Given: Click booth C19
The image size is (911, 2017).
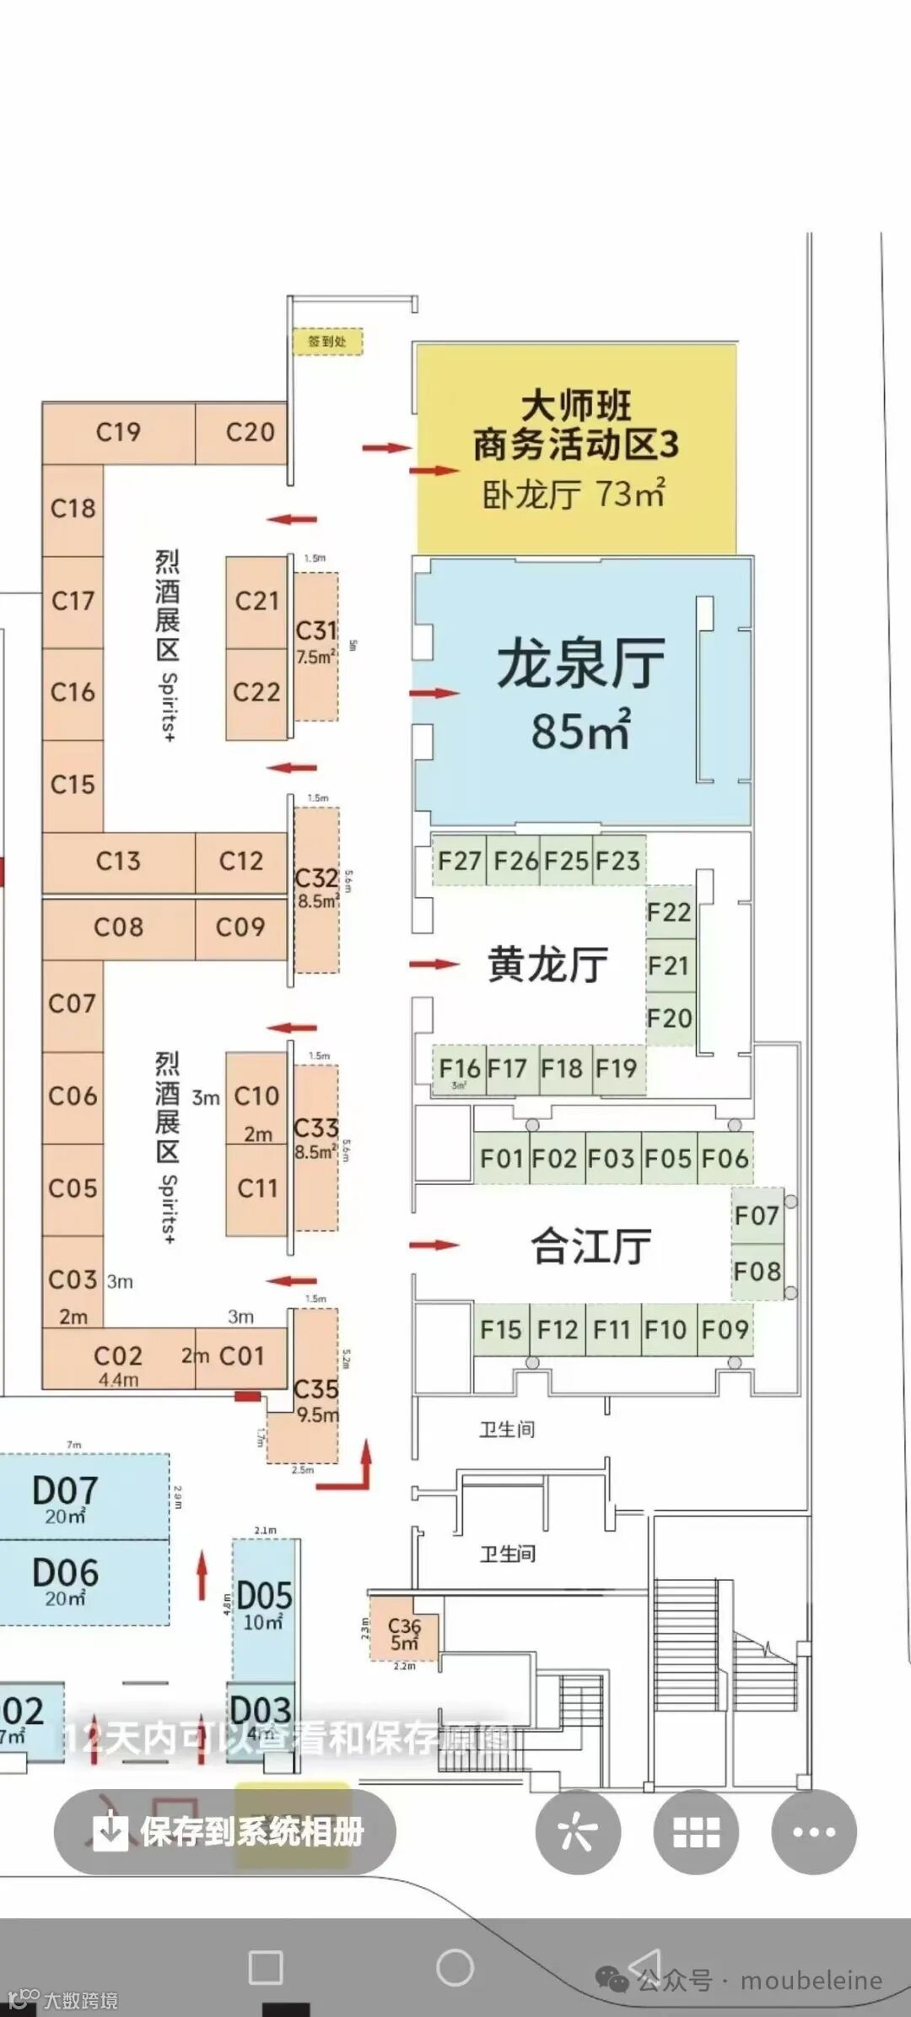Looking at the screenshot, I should coord(118,433).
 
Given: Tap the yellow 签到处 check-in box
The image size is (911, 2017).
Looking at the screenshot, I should coord(327,341).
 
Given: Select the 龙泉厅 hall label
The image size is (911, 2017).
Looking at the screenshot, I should coord(580,663).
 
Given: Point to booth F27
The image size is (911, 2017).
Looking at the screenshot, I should coord(459,861).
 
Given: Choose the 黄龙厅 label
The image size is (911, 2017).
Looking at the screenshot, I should coord(547,964).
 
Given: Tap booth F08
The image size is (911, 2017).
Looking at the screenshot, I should coord(757,1271).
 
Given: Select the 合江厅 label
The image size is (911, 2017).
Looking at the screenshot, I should coord(590,1246).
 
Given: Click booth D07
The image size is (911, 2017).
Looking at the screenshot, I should coord(66,1496).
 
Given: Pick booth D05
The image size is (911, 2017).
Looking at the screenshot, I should coord(264,1603).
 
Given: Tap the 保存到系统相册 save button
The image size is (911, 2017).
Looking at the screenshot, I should coord(225,1831).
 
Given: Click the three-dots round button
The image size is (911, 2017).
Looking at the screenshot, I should coord(814,1831).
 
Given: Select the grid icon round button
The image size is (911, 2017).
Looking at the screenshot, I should coord(696,1831).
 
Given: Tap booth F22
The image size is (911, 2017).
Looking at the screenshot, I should coord(669,912).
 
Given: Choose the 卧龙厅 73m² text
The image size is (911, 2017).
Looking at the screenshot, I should coord(574,494).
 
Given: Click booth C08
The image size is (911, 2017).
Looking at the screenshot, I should coord(118,927).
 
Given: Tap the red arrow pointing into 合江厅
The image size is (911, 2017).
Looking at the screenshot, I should coord(434,1245).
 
